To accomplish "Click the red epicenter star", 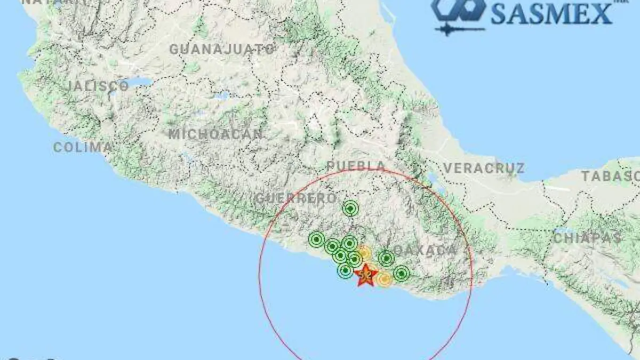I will (x=366, y=275).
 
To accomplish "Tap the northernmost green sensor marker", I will (x=350, y=209).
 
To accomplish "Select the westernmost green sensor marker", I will (x=317, y=239).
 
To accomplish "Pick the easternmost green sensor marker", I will (x=402, y=274).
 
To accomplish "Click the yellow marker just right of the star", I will (x=383, y=278).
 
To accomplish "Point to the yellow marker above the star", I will (x=364, y=252).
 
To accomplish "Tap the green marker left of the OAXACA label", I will (x=386, y=259).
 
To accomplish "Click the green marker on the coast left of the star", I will (x=345, y=271).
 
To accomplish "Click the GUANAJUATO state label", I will (x=222, y=50).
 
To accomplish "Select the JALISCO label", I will (x=99, y=86).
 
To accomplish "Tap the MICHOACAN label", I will (x=216, y=134).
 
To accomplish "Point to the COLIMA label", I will (x=83, y=147).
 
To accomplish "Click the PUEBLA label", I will (x=356, y=166).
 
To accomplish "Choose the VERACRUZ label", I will (x=484, y=169).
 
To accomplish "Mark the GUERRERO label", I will (x=296, y=198).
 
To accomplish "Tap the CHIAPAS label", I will (x=587, y=238).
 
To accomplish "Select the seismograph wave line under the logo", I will (x=459, y=29).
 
